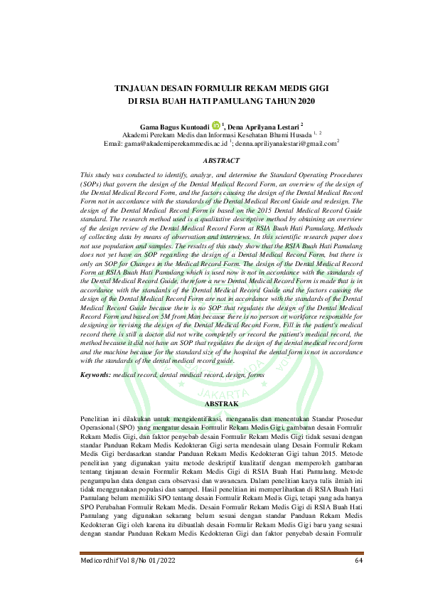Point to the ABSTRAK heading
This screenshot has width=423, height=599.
tap(211, 403)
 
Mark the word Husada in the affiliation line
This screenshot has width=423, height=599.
tap(291, 134)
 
